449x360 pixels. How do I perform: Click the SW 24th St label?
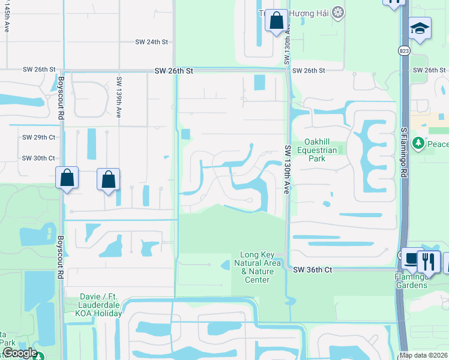click(x=152, y=42)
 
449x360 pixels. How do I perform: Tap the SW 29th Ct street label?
click(x=38, y=137)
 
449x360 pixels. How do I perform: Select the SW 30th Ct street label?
click(x=38, y=158)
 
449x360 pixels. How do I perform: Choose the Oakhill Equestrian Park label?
click(x=318, y=150)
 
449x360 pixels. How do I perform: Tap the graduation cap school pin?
click(x=420, y=28)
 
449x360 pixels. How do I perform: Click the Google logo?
click(x=19, y=353)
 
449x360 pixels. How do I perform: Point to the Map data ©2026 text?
click(x=423, y=355)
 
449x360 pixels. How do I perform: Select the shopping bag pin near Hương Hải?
click(x=276, y=21)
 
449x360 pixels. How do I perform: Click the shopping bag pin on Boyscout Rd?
click(x=67, y=178)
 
